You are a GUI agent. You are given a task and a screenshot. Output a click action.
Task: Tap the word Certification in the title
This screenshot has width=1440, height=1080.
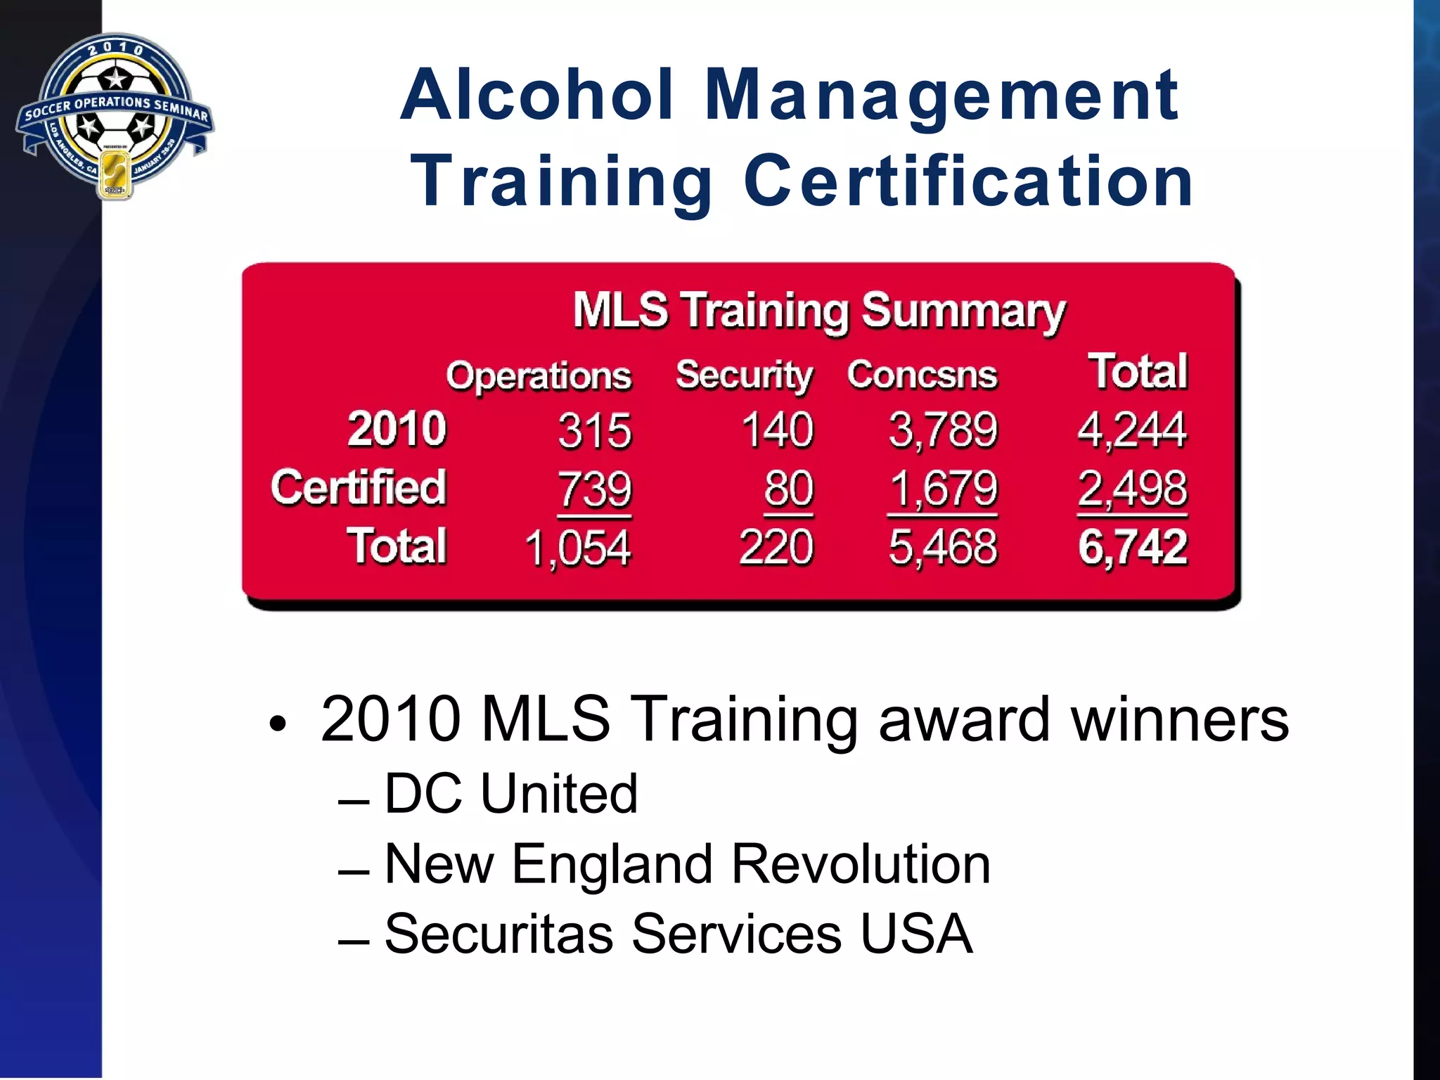coord(968,181)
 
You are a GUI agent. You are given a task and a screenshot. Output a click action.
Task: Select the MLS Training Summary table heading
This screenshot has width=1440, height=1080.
coord(819,310)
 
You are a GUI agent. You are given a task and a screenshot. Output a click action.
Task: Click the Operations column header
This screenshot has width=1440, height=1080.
coord(539,375)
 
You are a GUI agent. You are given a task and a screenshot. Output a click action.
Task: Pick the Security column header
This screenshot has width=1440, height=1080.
coord(744,375)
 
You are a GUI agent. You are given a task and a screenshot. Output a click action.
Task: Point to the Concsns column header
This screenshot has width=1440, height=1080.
coord(922,375)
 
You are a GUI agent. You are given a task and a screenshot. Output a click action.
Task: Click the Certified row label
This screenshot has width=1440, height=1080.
coord(359,487)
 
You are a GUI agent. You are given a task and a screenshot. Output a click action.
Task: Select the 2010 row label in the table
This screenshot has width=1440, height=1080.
coord(397,428)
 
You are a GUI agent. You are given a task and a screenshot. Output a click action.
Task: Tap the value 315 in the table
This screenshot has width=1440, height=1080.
coord(595,430)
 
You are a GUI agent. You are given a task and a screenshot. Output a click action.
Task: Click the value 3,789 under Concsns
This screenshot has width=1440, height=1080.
coord(943,430)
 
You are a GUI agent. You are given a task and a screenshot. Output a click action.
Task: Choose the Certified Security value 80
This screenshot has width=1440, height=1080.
coord(789,488)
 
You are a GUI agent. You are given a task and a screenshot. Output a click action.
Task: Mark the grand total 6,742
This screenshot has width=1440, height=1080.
coord(1133,547)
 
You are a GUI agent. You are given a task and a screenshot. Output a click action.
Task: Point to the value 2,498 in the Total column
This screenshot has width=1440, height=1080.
coord(1133,488)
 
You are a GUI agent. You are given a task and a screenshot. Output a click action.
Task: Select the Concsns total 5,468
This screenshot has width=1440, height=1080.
coord(943,547)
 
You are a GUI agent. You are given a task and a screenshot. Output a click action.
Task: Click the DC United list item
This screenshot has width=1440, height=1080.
coord(511,794)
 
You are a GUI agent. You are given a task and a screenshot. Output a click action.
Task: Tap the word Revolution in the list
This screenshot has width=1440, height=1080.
coord(861,864)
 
